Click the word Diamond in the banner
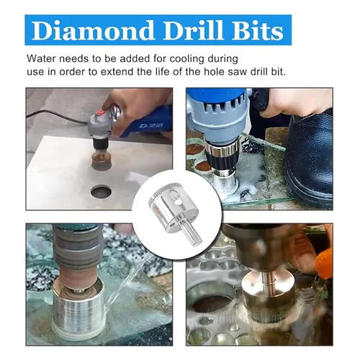point(93,30)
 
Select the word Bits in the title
point(258,30)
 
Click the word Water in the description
point(40,59)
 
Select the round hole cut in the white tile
point(102,192)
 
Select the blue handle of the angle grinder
point(146,122)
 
